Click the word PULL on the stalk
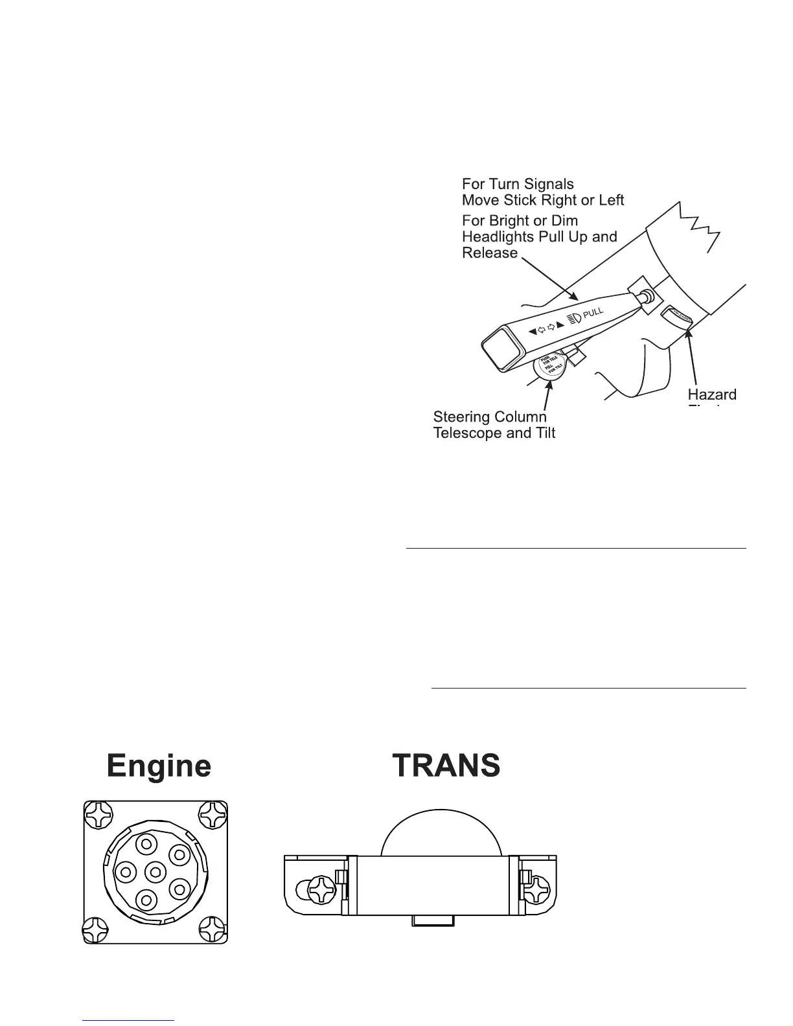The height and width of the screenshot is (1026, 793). tap(593, 313)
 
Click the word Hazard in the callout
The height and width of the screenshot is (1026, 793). tap(711, 394)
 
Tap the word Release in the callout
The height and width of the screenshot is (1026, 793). tap(490, 253)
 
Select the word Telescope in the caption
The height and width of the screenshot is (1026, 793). tap(470, 433)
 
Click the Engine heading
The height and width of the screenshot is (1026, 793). tap(159, 766)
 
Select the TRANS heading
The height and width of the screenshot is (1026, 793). tap(446, 766)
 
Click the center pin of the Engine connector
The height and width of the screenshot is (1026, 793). tap(155, 872)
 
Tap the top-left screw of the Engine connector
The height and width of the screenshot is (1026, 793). tap(99, 816)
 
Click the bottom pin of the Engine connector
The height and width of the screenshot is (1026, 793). tap(147, 900)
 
